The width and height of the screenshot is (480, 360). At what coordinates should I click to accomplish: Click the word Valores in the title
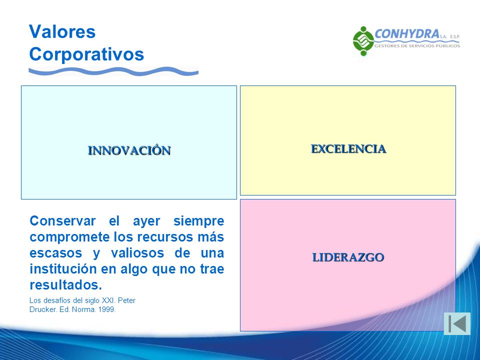point(62,31)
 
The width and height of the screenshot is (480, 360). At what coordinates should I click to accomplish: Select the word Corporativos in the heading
point(86,54)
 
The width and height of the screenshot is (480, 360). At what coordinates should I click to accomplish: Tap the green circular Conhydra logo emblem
point(363,41)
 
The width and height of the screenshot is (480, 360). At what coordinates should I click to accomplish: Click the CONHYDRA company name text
point(407,33)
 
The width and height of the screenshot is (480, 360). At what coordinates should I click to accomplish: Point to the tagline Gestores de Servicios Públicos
point(417,46)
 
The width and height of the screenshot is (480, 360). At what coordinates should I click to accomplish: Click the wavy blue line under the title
point(113,71)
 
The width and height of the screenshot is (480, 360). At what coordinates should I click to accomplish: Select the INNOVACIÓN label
point(129,150)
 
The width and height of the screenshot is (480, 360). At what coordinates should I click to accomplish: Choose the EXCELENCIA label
point(348,149)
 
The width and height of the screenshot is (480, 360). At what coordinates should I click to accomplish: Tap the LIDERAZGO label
point(348,257)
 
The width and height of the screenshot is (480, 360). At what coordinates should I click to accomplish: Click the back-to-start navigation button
point(457,323)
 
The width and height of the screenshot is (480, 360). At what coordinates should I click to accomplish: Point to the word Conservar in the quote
point(62,220)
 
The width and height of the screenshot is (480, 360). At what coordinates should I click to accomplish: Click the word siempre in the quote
point(198,221)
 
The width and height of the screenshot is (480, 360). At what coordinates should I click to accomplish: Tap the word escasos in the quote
point(55,253)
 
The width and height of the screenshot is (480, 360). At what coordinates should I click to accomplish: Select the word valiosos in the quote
point(137,253)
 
